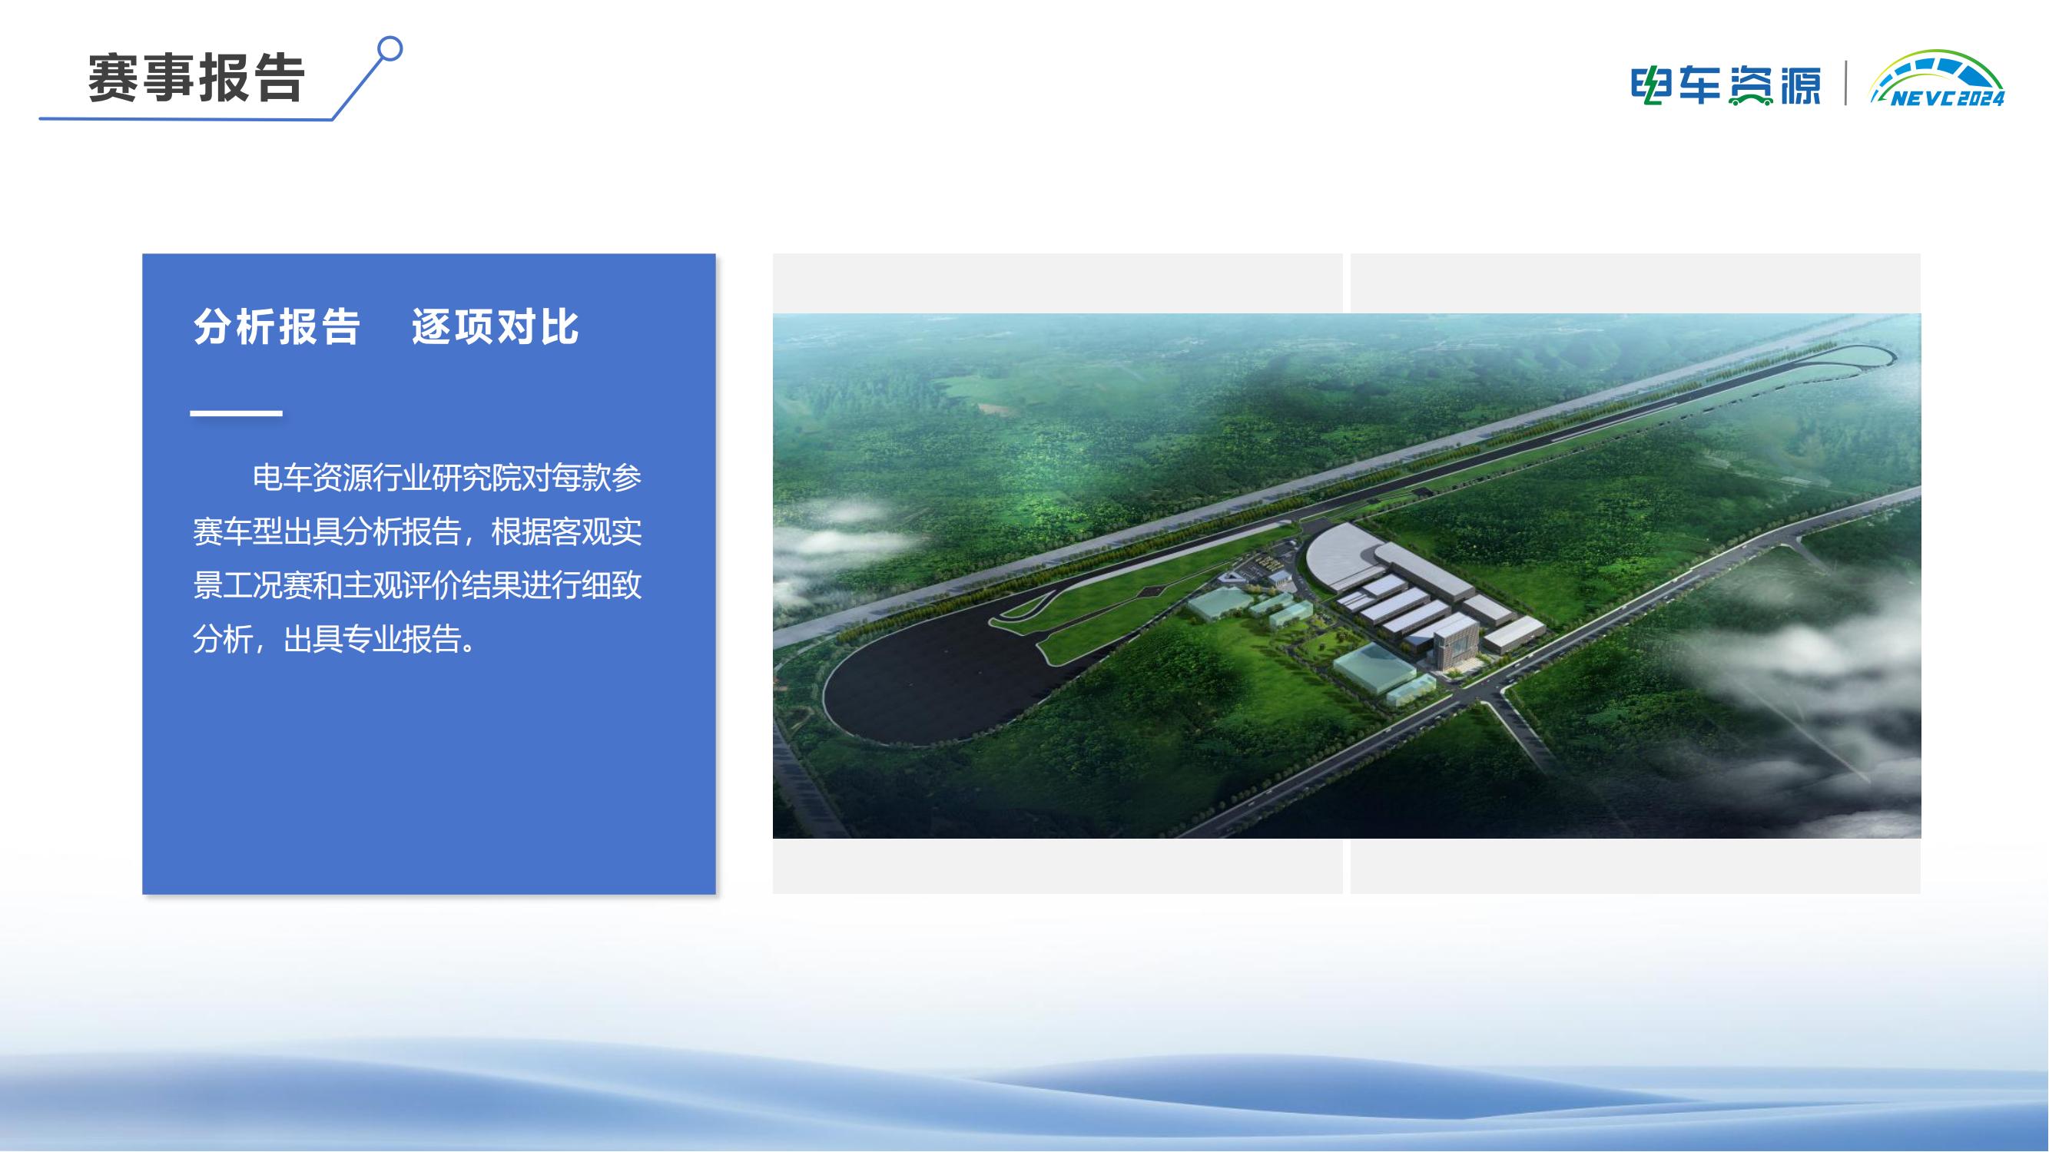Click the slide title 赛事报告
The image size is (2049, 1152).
point(196,78)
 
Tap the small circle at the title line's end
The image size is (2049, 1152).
point(390,49)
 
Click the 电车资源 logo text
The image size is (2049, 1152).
point(1726,84)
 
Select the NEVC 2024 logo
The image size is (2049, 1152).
point(1936,80)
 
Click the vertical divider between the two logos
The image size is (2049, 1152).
point(1845,83)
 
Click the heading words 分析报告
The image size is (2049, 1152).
point(277,326)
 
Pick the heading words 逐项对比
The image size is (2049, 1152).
point(495,326)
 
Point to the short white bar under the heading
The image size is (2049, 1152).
point(236,413)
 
